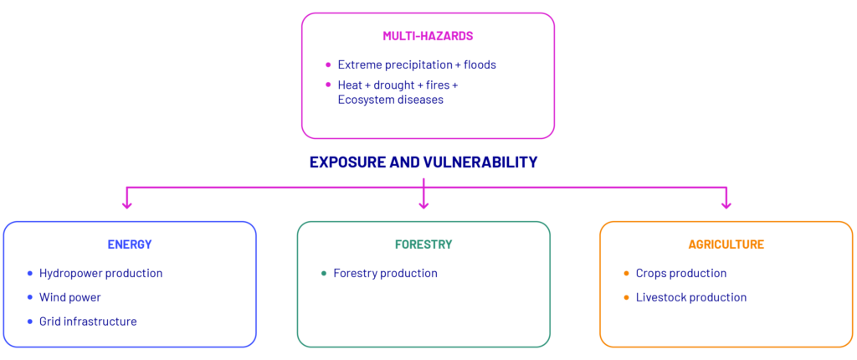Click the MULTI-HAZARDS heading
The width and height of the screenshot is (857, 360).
(x=428, y=36)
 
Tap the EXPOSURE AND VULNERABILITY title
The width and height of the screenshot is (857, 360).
(x=423, y=162)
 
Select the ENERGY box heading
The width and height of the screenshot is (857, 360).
(x=130, y=244)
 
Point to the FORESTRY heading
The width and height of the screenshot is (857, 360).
(x=423, y=244)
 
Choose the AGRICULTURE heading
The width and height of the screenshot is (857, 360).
(x=726, y=244)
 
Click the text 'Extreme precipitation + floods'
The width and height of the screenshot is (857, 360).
(x=417, y=64)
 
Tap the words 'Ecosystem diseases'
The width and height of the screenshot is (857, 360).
(x=390, y=100)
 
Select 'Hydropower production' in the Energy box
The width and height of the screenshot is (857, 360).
(x=101, y=273)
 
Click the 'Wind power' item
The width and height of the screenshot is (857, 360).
(x=70, y=297)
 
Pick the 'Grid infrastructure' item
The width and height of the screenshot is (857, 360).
(x=88, y=321)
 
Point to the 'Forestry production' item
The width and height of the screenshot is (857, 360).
(x=385, y=273)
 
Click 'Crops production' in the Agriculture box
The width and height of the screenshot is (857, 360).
(x=681, y=273)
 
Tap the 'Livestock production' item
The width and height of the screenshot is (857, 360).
(x=690, y=297)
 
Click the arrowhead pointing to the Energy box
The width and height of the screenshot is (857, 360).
(x=127, y=204)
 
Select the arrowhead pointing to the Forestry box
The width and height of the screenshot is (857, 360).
(x=423, y=204)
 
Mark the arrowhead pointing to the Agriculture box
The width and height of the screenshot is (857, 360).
(x=726, y=204)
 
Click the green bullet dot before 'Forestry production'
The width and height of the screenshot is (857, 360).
(x=324, y=273)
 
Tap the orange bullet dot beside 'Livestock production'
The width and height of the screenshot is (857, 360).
(x=626, y=297)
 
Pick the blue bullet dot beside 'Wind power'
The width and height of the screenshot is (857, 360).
(x=30, y=297)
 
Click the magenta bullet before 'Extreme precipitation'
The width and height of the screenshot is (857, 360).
(x=328, y=64)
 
